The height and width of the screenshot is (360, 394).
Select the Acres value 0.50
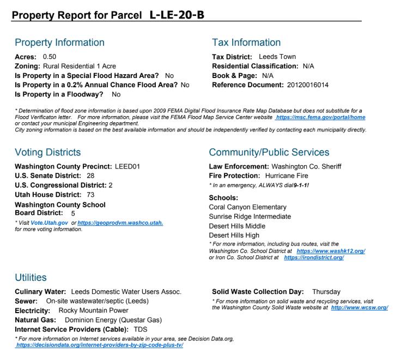tap(51, 56)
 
